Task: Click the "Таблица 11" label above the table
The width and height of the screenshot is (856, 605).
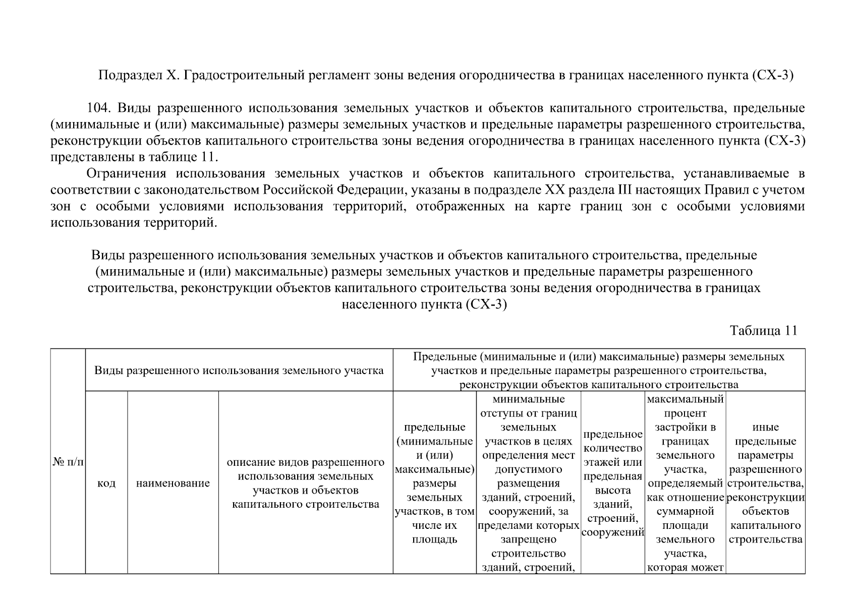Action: tap(763, 331)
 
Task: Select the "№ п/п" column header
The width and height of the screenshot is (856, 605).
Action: tap(68, 462)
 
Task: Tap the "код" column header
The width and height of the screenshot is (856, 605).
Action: tap(106, 483)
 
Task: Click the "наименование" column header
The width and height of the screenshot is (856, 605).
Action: tap(173, 483)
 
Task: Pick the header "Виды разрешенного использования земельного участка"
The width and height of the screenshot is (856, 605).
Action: tap(239, 371)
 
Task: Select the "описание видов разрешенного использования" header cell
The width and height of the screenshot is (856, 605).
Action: tap(306, 483)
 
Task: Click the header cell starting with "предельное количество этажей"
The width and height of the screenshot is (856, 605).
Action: tap(613, 483)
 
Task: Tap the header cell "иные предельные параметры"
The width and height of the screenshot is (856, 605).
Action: tap(765, 483)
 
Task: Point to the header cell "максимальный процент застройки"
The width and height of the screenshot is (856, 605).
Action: tap(685, 483)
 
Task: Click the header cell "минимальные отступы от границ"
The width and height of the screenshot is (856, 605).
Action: tap(529, 483)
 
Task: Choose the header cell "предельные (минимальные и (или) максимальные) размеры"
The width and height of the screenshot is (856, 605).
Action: tap(434, 483)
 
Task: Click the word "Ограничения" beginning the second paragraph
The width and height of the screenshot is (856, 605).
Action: tap(126, 174)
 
